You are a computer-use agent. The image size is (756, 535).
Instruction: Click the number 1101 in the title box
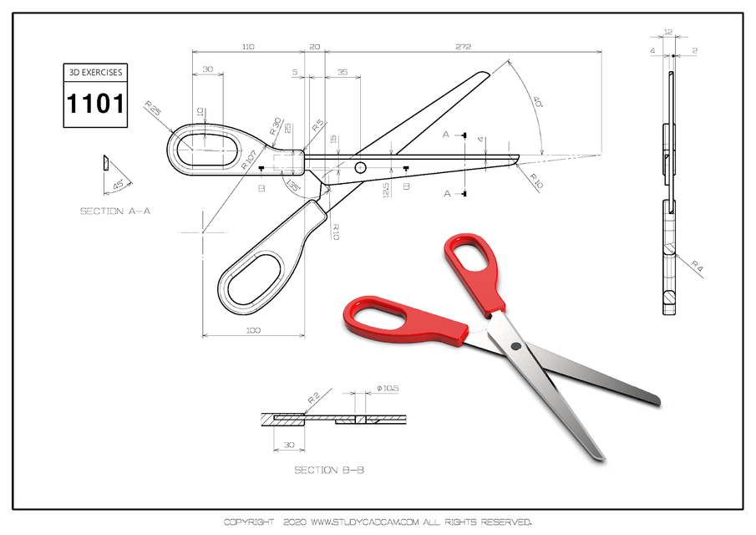coord(95,104)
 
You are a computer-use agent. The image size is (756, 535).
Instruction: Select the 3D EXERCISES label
coord(95,73)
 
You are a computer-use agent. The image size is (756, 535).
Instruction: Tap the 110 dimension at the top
coord(248,48)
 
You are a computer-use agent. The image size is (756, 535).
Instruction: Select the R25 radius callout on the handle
coord(153,108)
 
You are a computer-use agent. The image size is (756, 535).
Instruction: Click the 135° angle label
coord(292,185)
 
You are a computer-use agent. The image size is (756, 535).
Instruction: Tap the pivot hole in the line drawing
coord(360,168)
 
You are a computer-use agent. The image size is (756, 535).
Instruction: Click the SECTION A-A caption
coord(115,211)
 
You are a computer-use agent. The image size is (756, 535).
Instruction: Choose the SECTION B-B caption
coord(329,470)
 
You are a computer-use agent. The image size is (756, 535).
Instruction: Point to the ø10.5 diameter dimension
coord(389,389)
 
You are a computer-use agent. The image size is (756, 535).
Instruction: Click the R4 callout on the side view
coord(698,267)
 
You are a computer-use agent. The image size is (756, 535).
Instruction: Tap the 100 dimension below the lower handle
coord(252,331)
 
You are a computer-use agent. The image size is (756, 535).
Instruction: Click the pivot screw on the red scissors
coord(515,345)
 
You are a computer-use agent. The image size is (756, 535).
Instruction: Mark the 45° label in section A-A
coord(119,184)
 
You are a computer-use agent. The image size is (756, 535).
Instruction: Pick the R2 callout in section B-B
coord(312,400)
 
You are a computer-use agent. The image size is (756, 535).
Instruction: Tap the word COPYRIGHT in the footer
coord(248,522)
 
